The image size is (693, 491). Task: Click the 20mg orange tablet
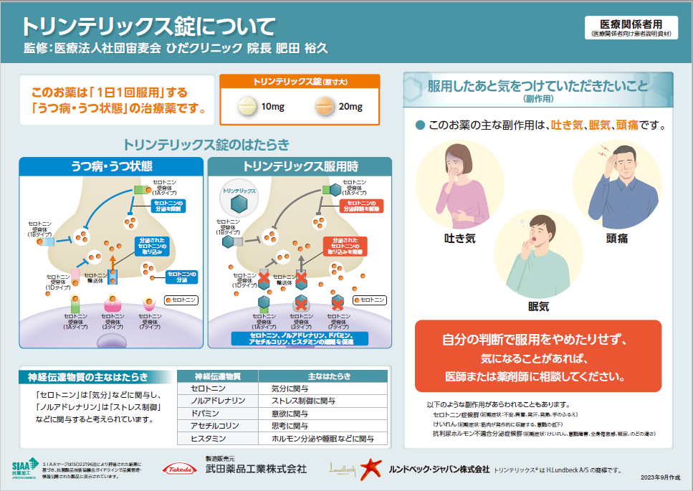pyautogui.click(x=325, y=107)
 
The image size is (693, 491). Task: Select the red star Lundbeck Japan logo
pyautogui.click(x=370, y=469)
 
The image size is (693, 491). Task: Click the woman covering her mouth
pyautogui.click(x=458, y=183)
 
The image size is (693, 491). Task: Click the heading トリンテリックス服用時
pyautogui.click(x=300, y=166)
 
